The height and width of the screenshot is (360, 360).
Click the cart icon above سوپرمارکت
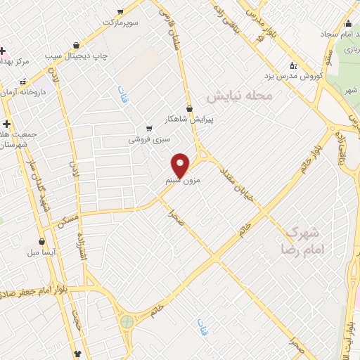point(120,12)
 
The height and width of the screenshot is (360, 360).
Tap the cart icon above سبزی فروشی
point(148,129)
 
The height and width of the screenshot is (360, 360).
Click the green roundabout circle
point(127,322)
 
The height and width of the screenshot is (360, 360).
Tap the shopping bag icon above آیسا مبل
point(44,240)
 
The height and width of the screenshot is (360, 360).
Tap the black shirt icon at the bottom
point(77,354)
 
